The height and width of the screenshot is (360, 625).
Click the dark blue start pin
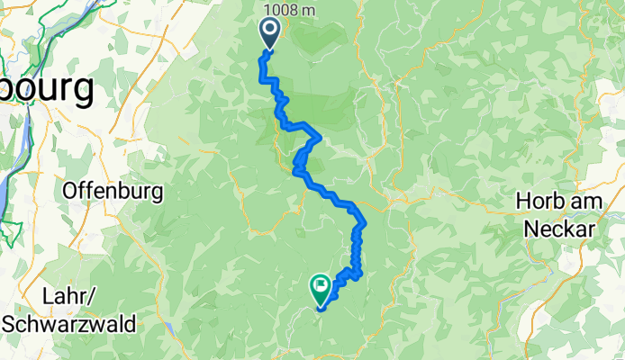269,33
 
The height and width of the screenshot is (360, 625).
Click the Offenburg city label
113,191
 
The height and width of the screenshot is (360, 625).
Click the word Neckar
568,229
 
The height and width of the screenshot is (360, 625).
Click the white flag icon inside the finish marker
321,287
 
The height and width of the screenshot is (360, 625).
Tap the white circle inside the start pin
269,31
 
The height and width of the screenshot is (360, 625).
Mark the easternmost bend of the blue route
364,221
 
